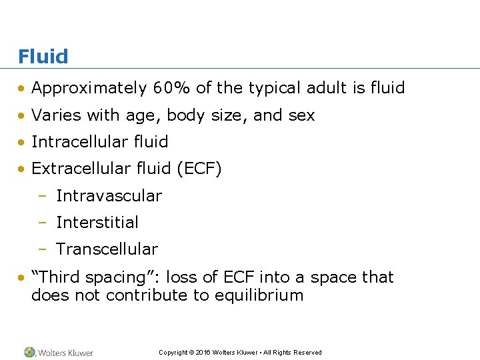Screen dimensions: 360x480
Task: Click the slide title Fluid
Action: tap(43, 57)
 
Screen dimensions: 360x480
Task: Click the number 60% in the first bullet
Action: tap(172, 88)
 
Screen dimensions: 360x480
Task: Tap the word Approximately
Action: tap(89, 88)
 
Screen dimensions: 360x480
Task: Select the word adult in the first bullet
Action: tap(313, 88)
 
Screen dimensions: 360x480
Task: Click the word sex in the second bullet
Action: tap(301, 115)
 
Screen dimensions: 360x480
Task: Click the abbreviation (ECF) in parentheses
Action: tap(199, 169)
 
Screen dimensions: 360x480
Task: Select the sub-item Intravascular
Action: tap(109, 196)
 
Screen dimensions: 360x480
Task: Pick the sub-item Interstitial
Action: tap(97, 223)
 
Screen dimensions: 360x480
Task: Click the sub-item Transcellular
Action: tap(107, 249)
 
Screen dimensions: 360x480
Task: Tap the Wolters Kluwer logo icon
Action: tap(29, 352)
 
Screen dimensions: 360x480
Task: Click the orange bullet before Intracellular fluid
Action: tap(23, 143)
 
